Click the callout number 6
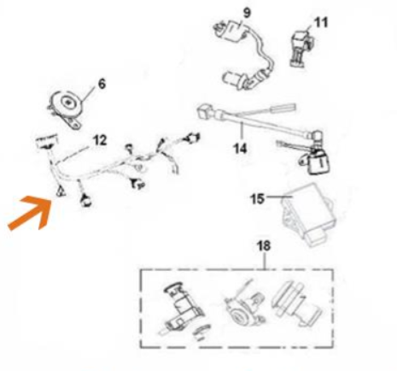pos(102,84)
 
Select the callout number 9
pos(247,13)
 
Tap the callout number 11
pos(321,22)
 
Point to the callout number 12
pos(100,140)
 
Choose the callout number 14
pos(240,149)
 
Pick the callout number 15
pos(257,199)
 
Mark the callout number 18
pos(264,245)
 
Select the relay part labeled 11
pos(302,48)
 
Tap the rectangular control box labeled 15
pos(308,215)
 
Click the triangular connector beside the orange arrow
pos(61,191)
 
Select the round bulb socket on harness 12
pos(85,200)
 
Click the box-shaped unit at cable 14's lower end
pos(318,162)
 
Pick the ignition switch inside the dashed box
pos(182,309)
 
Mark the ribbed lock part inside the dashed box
pos(296,304)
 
